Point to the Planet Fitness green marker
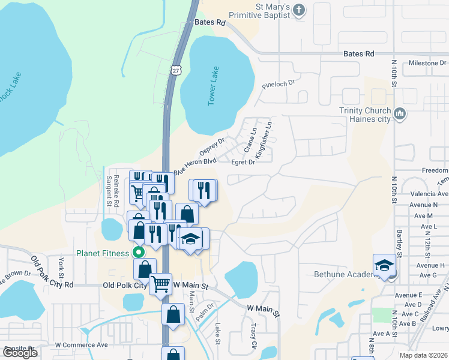(138, 253)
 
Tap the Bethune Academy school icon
(384, 266)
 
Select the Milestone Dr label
(427, 62)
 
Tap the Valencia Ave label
(429, 194)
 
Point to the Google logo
(20, 352)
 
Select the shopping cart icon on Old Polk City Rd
(160, 284)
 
